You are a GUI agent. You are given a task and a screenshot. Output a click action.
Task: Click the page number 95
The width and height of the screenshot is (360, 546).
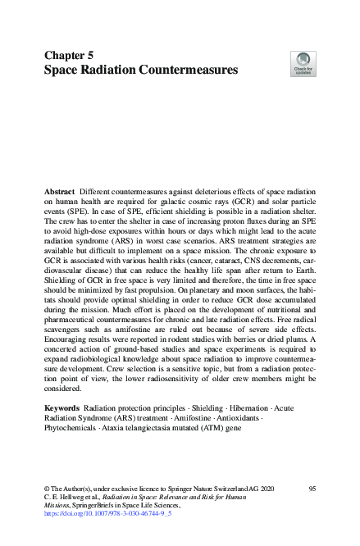coord(312,489)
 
